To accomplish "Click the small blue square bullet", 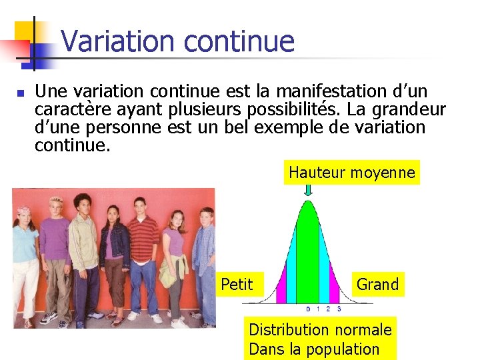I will [20, 93].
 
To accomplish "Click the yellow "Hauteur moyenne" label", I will [351, 173].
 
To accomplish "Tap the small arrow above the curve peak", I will [308, 191].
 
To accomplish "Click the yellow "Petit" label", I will [237, 285].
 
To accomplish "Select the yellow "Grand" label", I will [377, 284].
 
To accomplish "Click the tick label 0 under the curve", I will [308, 309].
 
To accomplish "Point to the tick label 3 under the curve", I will [339, 309].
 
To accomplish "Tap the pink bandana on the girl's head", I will [23, 211].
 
